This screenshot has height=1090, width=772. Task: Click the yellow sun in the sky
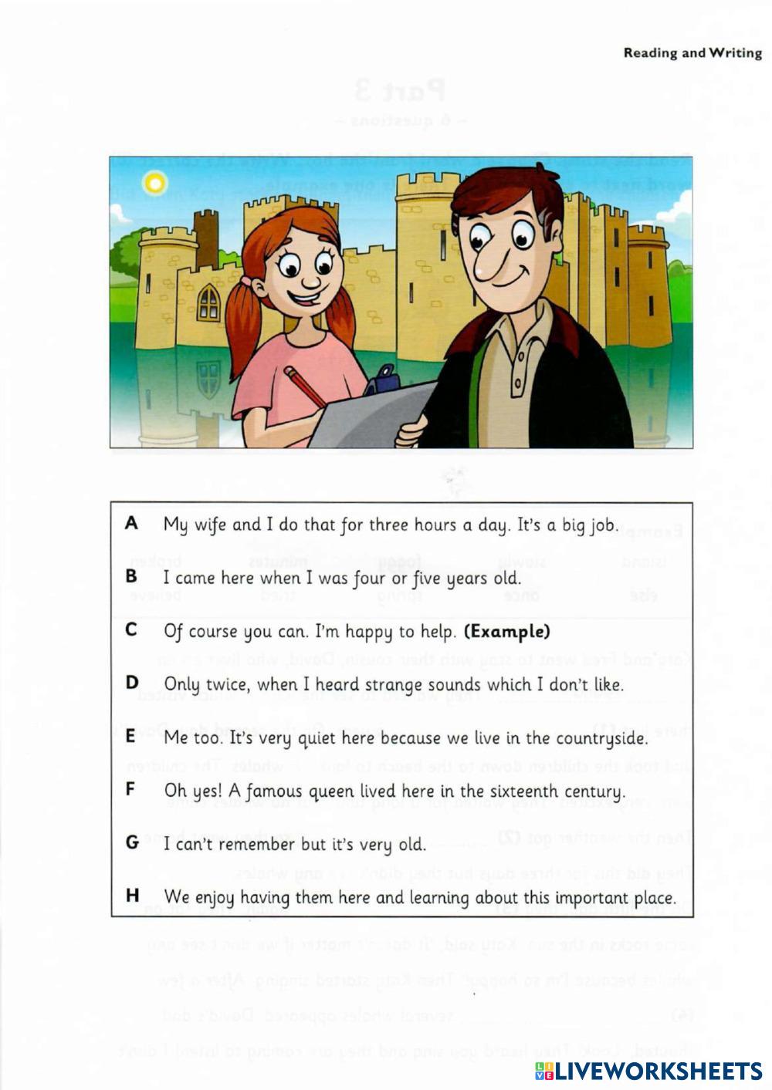155,183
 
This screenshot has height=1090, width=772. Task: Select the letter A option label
131,524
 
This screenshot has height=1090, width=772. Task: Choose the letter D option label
131,683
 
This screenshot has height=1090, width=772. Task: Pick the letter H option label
132,896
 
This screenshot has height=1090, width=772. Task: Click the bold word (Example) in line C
507,632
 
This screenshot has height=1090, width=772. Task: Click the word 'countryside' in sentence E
594,738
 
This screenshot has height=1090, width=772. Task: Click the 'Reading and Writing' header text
692,53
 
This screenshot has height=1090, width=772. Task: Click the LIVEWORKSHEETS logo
648,1070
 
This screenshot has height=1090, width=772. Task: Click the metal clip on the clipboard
383,378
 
